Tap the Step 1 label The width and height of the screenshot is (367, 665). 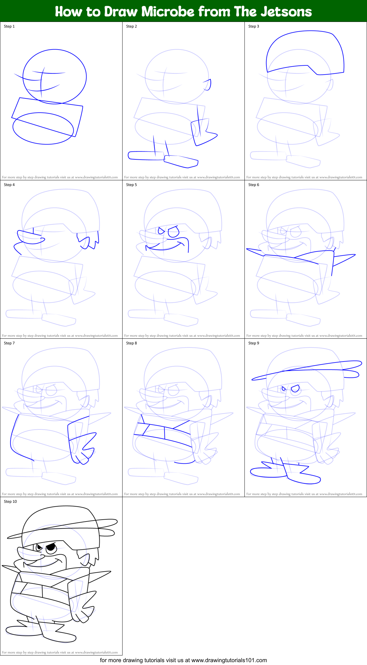9,26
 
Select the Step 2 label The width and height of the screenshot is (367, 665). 131,26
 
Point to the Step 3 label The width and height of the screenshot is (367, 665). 254,26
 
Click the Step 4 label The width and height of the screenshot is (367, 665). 9,185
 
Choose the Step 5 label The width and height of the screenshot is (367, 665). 131,185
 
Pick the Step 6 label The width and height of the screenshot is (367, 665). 254,185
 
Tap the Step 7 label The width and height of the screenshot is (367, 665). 9,343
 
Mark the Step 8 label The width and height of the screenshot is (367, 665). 131,343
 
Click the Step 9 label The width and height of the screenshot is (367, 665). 254,343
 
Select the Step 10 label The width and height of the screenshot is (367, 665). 10,502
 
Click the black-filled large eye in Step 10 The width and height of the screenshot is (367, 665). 51,548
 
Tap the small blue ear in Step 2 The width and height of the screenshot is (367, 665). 208,85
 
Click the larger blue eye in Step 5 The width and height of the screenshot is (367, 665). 174,232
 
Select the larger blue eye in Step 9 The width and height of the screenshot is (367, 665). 295,389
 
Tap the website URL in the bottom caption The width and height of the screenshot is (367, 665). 229,660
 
